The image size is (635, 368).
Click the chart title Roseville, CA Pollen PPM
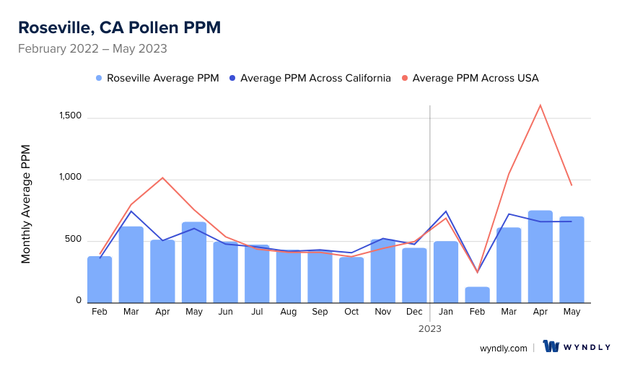pos(119,27)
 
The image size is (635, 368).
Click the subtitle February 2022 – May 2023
pos(92,49)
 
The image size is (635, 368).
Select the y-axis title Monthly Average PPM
pos(26,204)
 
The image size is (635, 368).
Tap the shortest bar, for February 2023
pos(477,295)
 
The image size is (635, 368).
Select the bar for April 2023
pos(540,257)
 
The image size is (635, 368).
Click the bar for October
pos(351,280)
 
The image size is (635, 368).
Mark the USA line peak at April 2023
pos(540,105)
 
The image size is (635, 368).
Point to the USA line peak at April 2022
pos(162,178)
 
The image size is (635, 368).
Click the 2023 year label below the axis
pos(429,328)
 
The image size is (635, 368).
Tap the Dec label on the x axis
pos(414,312)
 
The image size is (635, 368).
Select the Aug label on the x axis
pos(288,312)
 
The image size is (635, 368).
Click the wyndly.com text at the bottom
pos(503,348)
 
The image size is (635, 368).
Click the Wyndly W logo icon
pos(551,346)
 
